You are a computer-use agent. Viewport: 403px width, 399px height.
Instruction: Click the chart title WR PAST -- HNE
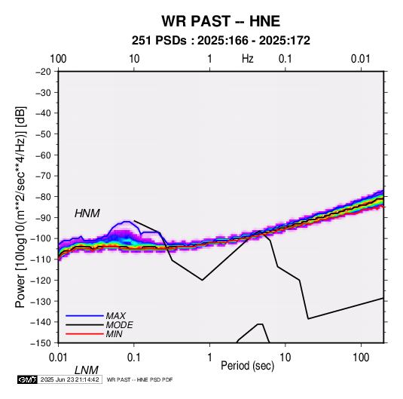pyautogui.click(x=221, y=21)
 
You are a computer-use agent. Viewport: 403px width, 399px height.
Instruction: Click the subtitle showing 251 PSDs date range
pyautogui.click(x=221, y=41)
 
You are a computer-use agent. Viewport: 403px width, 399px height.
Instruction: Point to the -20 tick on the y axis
pyautogui.click(x=43, y=72)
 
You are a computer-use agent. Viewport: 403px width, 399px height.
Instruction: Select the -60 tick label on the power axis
pyautogui.click(x=43, y=155)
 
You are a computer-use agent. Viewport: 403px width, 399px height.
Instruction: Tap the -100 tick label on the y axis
pyautogui.click(x=41, y=238)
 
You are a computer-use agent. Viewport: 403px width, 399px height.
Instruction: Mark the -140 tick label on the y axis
pyautogui.click(x=41, y=322)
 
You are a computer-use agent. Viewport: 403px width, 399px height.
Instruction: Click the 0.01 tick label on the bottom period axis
pyautogui.click(x=58, y=358)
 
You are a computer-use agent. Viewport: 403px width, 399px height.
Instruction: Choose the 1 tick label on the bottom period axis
pyautogui.click(x=209, y=358)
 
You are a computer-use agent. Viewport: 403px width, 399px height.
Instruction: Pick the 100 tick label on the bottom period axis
pyautogui.click(x=361, y=358)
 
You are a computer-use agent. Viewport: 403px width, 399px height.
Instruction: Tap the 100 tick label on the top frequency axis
pyautogui.click(x=58, y=59)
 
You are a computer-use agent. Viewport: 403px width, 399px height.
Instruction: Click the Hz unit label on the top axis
pyautogui.click(x=248, y=59)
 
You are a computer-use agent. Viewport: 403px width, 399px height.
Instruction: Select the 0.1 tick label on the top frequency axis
pyautogui.click(x=285, y=59)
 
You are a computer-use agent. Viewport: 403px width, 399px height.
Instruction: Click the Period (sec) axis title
pyautogui.click(x=248, y=366)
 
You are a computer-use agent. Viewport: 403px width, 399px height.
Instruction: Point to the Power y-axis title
pyautogui.click(x=20, y=207)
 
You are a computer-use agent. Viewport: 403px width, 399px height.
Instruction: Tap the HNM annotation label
pyautogui.click(x=87, y=213)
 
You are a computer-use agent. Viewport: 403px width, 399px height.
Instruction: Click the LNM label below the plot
pyautogui.click(x=87, y=370)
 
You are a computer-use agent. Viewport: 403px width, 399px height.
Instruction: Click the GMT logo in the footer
pyautogui.click(x=27, y=379)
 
